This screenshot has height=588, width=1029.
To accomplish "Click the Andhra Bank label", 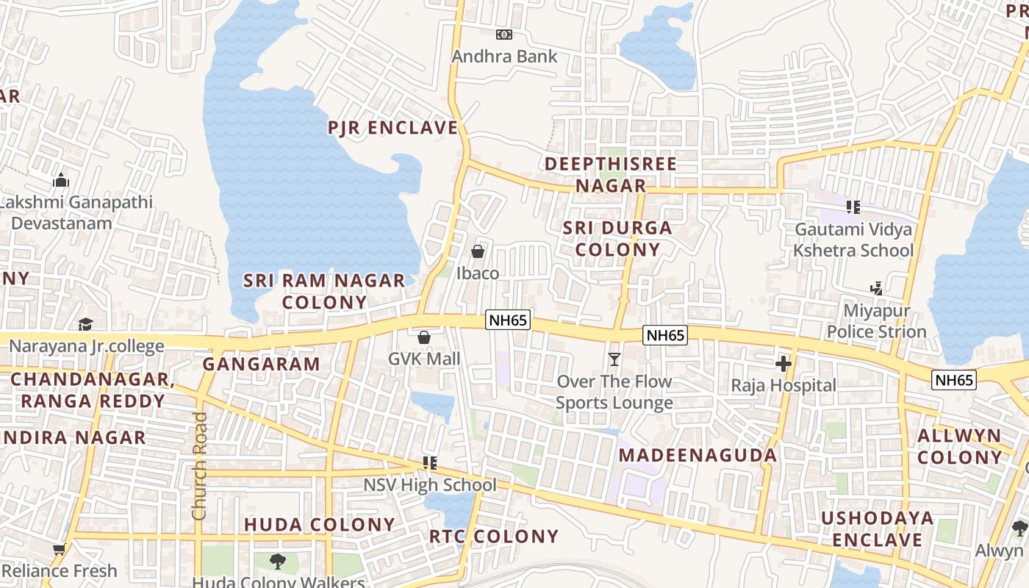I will (504, 57).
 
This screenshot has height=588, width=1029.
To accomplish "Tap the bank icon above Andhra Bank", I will (504, 35).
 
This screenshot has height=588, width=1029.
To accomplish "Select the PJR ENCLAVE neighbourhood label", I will (393, 128).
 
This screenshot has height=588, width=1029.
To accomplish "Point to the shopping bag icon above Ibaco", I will (478, 251).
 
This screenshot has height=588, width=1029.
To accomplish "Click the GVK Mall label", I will (424, 359).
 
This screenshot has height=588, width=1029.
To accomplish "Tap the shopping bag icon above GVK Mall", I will (424, 337).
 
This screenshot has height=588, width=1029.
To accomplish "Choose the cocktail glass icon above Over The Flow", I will (614, 359).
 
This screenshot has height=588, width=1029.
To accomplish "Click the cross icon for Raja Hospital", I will (784, 363).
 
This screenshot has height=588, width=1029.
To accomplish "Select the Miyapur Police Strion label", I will (876, 321).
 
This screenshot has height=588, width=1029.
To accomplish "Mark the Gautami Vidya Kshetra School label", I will (853, 240).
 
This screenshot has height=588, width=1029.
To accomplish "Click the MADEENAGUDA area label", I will (698, 455).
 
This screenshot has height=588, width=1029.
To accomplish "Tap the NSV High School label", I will (430, 485).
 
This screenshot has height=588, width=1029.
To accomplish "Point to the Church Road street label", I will (199, 466).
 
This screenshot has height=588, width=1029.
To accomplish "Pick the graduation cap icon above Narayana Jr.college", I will (86, 324).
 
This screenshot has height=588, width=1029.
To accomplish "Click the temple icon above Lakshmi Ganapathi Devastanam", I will (61, 180).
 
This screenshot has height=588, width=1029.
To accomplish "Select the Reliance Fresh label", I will (60, 570).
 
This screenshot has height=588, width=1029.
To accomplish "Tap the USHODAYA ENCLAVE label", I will (877, 529).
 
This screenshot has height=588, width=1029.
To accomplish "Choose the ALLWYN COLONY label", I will (959, 446).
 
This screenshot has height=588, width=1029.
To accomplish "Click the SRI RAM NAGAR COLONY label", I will (324, 291).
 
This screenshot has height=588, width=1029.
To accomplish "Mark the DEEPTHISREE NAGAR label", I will (610, 175).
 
